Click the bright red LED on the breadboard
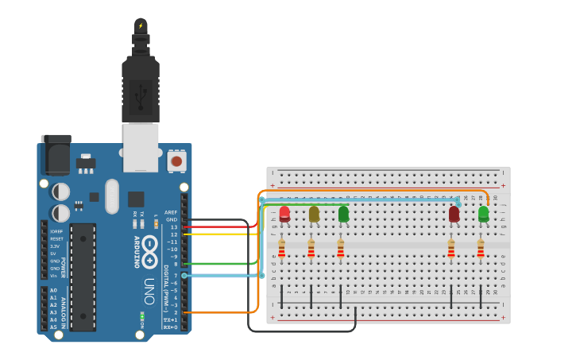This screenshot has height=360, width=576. click(284, 213)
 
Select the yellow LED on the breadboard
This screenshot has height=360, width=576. click(314, 214)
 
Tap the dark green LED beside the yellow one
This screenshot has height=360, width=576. click(343, 214)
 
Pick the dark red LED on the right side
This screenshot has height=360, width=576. click(454, 214)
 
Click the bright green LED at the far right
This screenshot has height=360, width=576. click(483, 214)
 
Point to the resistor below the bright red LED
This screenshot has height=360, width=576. click(281, 250)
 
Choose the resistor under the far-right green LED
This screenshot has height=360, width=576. click(480, 250)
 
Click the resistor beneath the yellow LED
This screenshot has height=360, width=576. click(311, 250)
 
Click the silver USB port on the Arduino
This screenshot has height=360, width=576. click(141, 147)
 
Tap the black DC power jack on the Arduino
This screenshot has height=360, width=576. click(55, 155)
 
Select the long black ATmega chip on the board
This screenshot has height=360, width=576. click(83, 277)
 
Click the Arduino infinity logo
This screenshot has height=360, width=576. click(149, 253)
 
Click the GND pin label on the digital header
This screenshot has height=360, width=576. click(172, 219)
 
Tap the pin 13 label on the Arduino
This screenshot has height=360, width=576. click(173, 227)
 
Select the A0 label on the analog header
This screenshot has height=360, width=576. click(53, 291)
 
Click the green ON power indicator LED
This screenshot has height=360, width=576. click(141, 315)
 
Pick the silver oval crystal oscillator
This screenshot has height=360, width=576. click(111, 195)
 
